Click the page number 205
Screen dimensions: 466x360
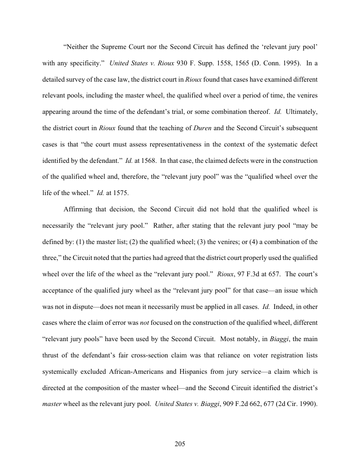coord(180,443)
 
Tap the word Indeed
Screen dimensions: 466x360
coord(286,306)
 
